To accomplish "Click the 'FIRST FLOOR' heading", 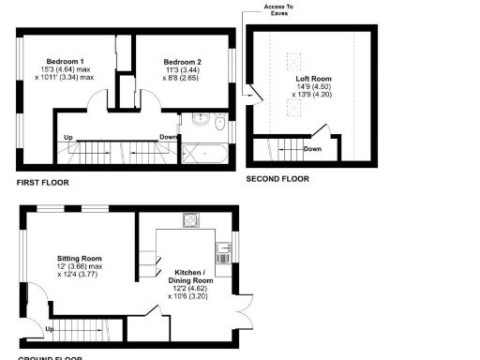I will click(x=42, y=182).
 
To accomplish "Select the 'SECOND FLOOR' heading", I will click(x=277, y=178).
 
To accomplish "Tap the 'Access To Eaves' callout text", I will click(x=277, y=10).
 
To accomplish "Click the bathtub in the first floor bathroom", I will click(x=205, y=152).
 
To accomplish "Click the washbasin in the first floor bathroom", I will click(x=198, y=121).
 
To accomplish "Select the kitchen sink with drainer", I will click(x=224, y=250).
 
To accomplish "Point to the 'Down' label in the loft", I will click(x=312, y=148).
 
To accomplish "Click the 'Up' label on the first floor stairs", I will click(x=67, y=138).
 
